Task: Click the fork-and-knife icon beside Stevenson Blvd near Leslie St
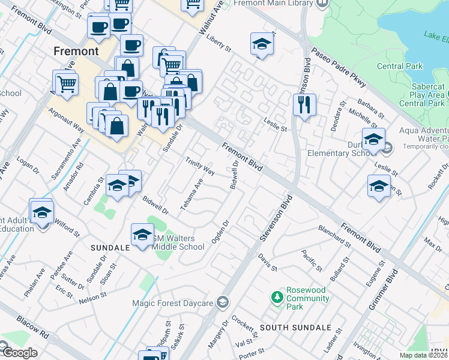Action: click(304, 105)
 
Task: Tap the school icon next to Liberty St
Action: click(261, 44)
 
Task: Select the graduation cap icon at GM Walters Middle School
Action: click(142, 235)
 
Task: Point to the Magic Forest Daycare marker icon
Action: click(223, 301)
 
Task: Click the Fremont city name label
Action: click(76, 51)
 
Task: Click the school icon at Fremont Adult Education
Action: click(42, 213)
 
